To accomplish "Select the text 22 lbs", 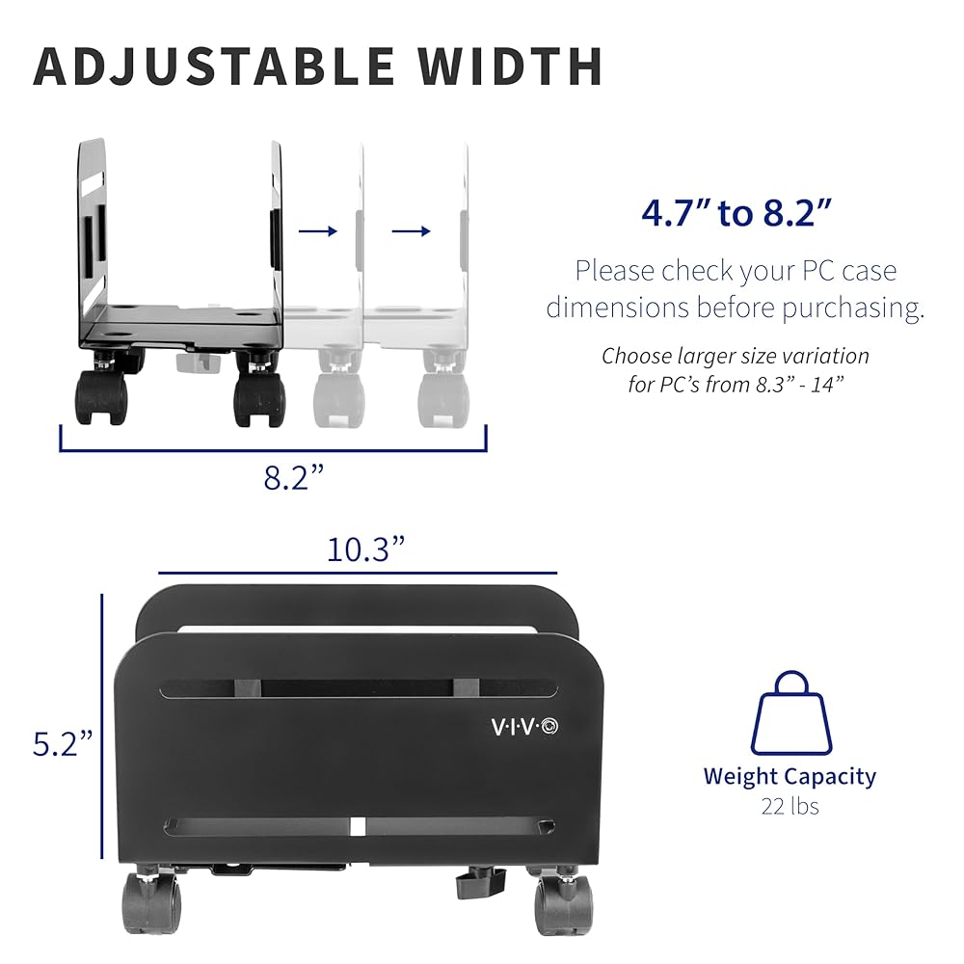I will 790,806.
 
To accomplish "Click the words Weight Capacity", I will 790,776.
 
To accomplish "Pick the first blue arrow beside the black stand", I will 317,230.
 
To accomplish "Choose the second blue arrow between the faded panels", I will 411,230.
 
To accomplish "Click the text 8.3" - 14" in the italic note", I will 791,385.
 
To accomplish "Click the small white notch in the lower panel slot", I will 356,826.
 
